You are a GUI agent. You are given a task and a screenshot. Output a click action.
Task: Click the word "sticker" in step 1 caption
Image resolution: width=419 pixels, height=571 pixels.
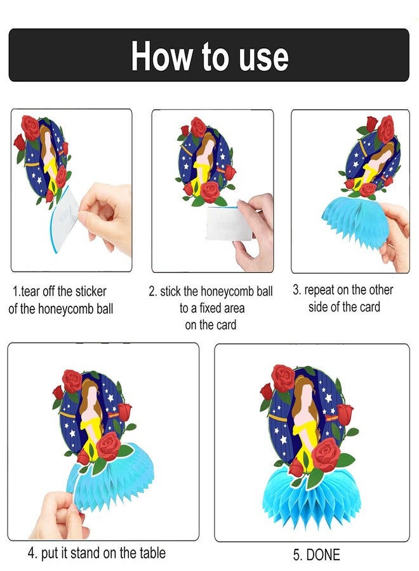(91, 291)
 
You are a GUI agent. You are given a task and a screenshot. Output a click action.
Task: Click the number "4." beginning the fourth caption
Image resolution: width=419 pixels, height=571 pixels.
(32, 553)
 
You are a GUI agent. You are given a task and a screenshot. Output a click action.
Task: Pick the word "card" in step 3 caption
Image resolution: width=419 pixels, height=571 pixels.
(369, 307)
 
